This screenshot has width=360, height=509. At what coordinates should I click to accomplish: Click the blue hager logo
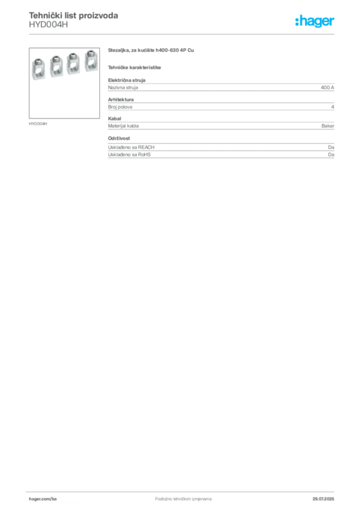[x=316, y=22]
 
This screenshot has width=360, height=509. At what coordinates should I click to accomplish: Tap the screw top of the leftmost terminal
[x=38, y=61]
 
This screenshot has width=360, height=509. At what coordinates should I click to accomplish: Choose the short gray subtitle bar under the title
[x=135, y=67]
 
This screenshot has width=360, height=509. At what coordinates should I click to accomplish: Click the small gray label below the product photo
[x=38, y=123]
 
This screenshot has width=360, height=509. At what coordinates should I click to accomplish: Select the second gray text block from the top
[x=220, y=105]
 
